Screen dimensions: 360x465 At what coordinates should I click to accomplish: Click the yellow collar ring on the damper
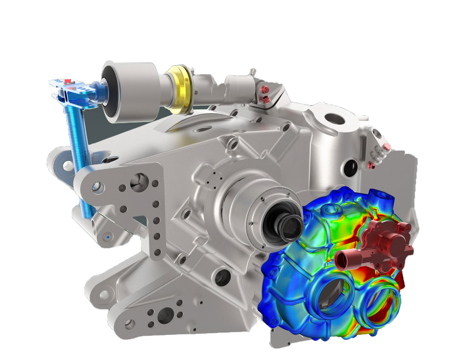[x=180, y=90]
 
